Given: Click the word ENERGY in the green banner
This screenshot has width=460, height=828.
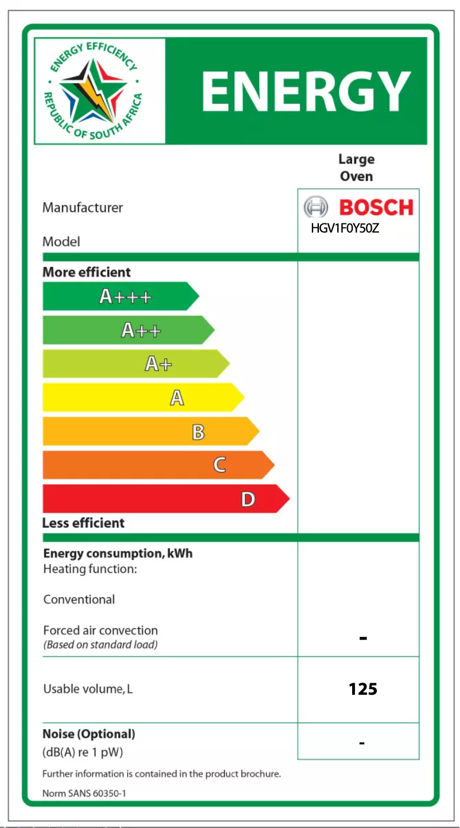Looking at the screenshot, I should [x=306, y=92].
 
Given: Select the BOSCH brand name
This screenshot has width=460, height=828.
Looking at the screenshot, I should [x=376, y=207].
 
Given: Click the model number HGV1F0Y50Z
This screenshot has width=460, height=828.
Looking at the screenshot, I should [x=345, y=228].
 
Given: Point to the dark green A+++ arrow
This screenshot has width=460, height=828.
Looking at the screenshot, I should [x=120, y=296].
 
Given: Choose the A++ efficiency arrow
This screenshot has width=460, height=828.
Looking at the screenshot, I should [x=128, y=330].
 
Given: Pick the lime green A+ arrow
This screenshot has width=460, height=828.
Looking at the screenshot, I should [x=136, y=364].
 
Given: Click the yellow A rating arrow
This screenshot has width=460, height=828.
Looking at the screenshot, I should [x=143, y=397].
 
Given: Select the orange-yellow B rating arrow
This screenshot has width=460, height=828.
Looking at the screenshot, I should [x=151, y=431].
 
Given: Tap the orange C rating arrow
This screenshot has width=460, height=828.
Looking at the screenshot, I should [x=158, y=465].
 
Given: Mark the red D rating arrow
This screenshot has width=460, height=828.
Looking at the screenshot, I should [x=166, y=499].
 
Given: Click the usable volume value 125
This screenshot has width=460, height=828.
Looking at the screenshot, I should [x=362, y=689].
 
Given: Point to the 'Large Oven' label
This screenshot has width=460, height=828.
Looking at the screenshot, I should [x=356, y=168].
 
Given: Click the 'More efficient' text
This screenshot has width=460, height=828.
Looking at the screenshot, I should [x=87, y=272].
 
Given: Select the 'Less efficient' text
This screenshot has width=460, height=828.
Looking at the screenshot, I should [x=83, y=523].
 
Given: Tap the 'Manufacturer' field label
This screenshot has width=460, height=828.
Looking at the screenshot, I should [x=83, y=208].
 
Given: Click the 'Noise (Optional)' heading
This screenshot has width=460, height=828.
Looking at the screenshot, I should [x=89, y=734].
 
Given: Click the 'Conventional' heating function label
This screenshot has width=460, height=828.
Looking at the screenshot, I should [x=79, y=599].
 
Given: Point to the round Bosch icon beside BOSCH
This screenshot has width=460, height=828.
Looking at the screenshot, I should [x=315, y=207].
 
